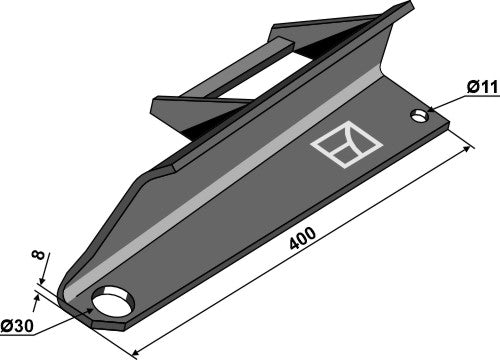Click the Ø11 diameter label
pos(482,87)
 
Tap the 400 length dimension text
pos(302,238)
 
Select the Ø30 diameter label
pos(17,326)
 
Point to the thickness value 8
pos(38,255)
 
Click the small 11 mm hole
pos(420,116)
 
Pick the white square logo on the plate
pos(346,144)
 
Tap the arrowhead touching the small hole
pos(430,109)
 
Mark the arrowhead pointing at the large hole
pos(89,311)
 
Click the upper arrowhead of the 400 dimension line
pos(466,149)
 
